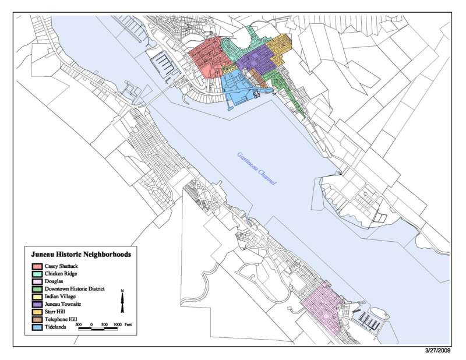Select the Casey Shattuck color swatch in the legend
click(37, 266)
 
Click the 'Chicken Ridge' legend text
click(61, 273)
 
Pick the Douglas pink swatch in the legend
click(37, 281)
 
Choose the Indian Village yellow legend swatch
click(37, 297)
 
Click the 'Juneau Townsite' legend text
click(63, 305)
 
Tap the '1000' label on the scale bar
click(116, 323)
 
